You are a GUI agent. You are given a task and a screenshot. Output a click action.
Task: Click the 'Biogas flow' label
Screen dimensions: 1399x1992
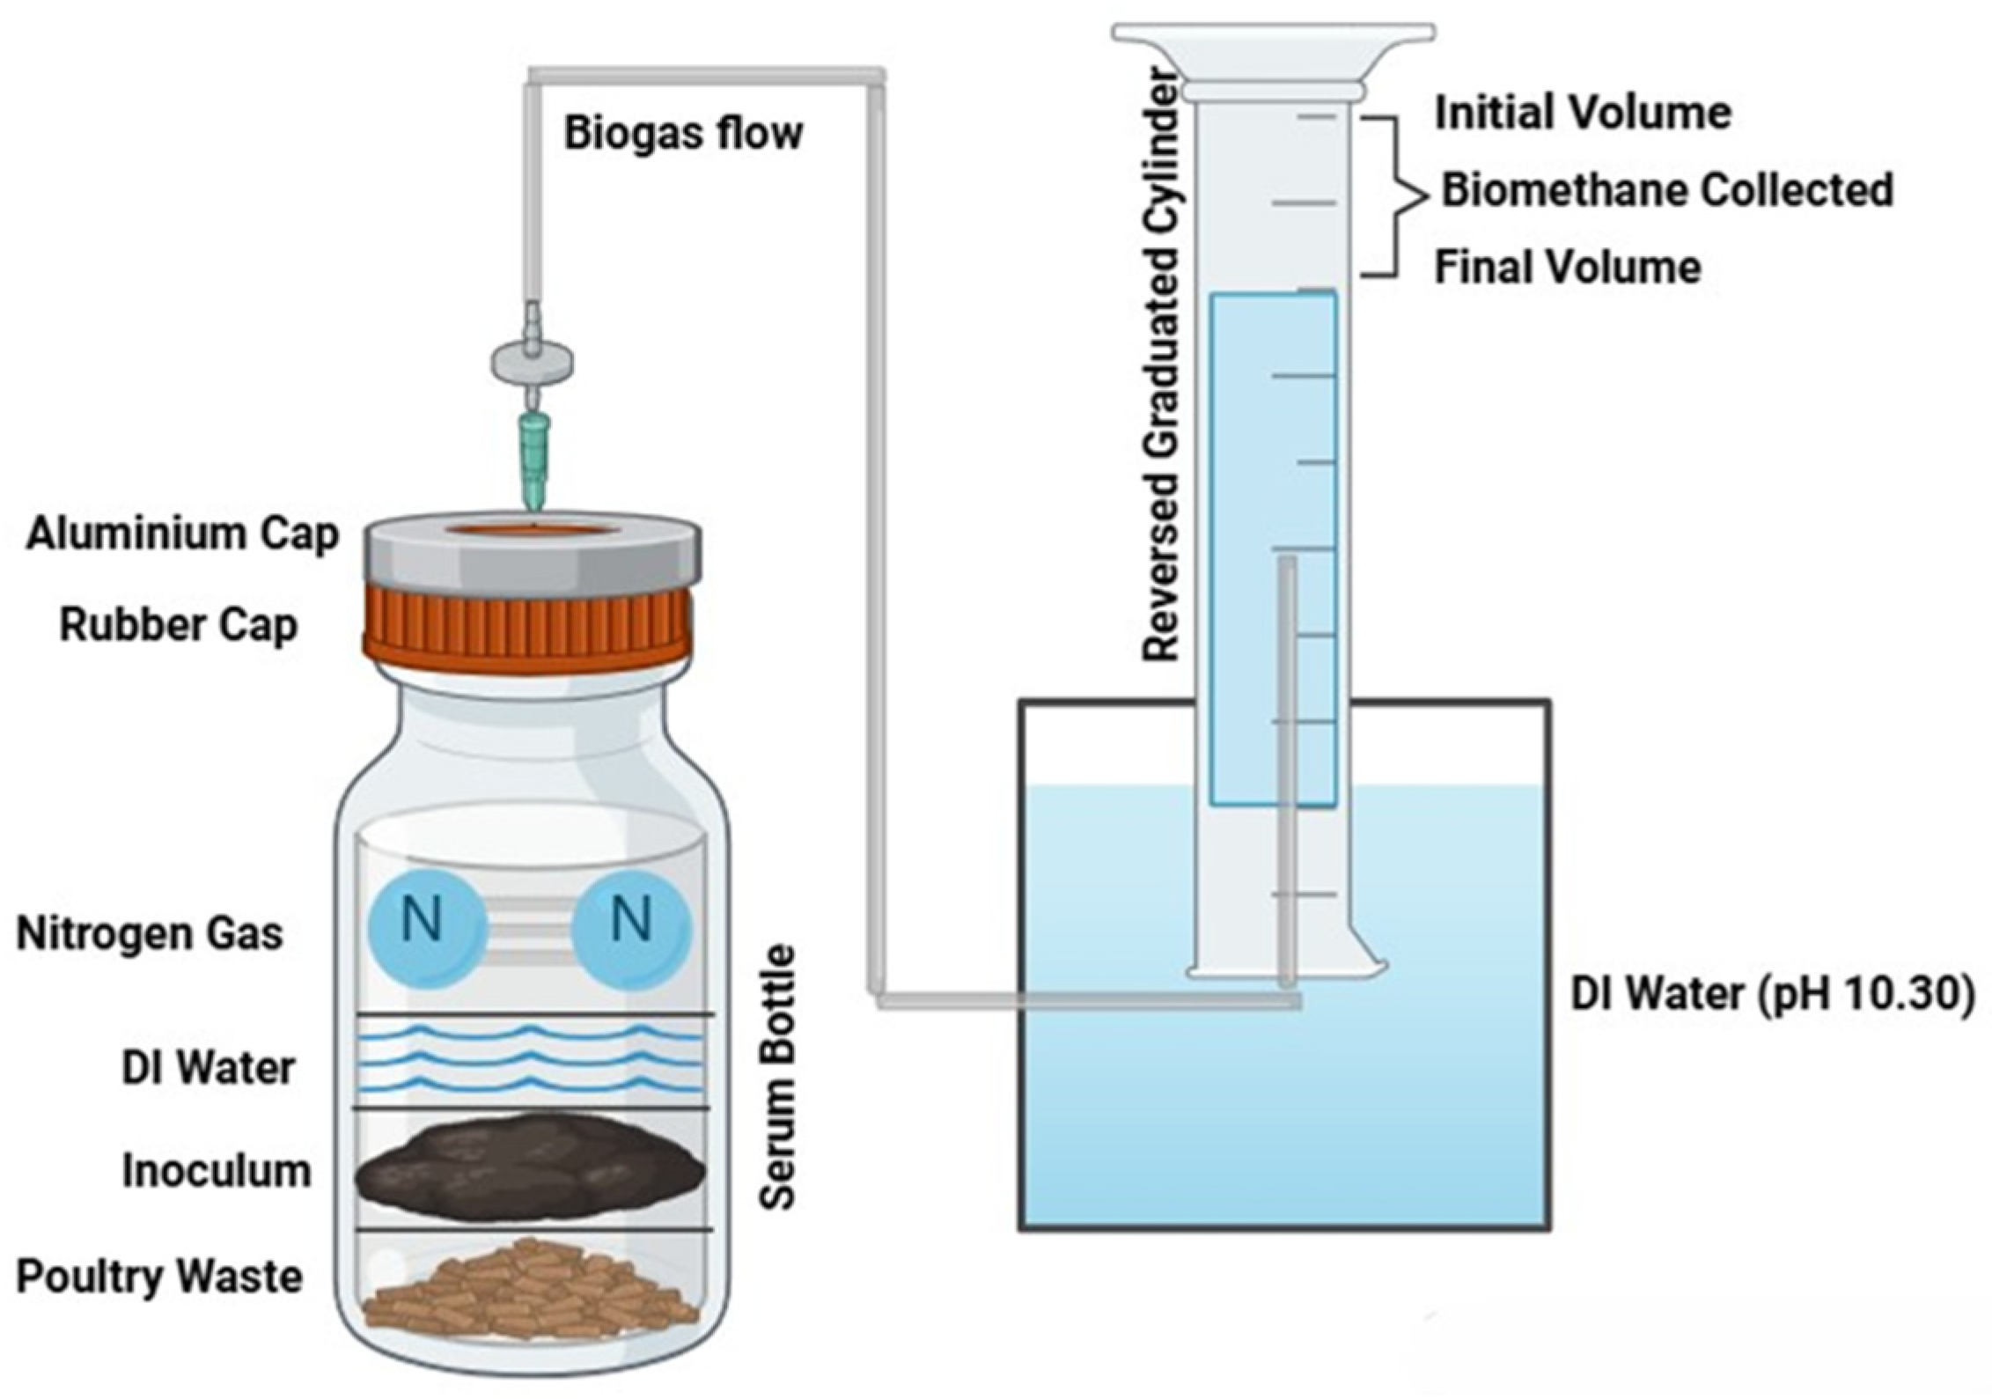click(683, 133)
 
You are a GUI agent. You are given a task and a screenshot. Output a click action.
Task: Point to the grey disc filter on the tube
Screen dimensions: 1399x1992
click(532, 361)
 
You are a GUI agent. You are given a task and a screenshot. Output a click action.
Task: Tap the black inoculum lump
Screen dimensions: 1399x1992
click(528, 1171)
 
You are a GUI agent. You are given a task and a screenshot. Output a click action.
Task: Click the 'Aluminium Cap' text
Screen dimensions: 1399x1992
click(182, 534)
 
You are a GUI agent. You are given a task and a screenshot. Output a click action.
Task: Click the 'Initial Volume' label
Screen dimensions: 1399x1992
click(1583, 113)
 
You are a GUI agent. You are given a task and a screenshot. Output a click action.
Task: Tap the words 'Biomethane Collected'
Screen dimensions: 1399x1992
click(1666, 190)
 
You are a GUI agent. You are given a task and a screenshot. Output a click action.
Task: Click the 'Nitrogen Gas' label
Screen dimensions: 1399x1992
click(150, 933)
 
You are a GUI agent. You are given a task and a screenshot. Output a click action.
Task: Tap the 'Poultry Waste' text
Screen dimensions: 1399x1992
click(159, 1277)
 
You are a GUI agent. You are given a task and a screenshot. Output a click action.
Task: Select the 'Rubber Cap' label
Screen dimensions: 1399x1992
click(179, 626)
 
